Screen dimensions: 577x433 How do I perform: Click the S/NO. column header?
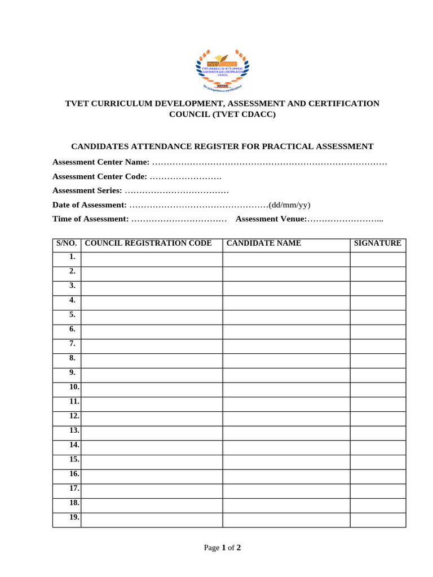point(67,243)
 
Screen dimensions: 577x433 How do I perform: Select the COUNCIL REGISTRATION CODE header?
point(148,243)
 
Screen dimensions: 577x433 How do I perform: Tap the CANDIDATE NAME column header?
point(264,243)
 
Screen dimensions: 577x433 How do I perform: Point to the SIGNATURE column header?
point(377,243)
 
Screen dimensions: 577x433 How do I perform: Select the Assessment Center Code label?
point(100,176)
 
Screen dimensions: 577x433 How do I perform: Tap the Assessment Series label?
point(87,190)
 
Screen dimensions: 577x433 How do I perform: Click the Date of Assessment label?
point(90,205)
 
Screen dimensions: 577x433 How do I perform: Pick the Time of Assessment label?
point(90,219)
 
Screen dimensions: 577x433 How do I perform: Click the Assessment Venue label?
point(271,219)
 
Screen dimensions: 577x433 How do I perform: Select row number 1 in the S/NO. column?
point(72,258)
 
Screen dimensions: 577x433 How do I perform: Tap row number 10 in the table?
point(74,388)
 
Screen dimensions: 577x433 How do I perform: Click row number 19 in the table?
point(74,518)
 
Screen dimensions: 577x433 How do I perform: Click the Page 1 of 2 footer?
point(222,548)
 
